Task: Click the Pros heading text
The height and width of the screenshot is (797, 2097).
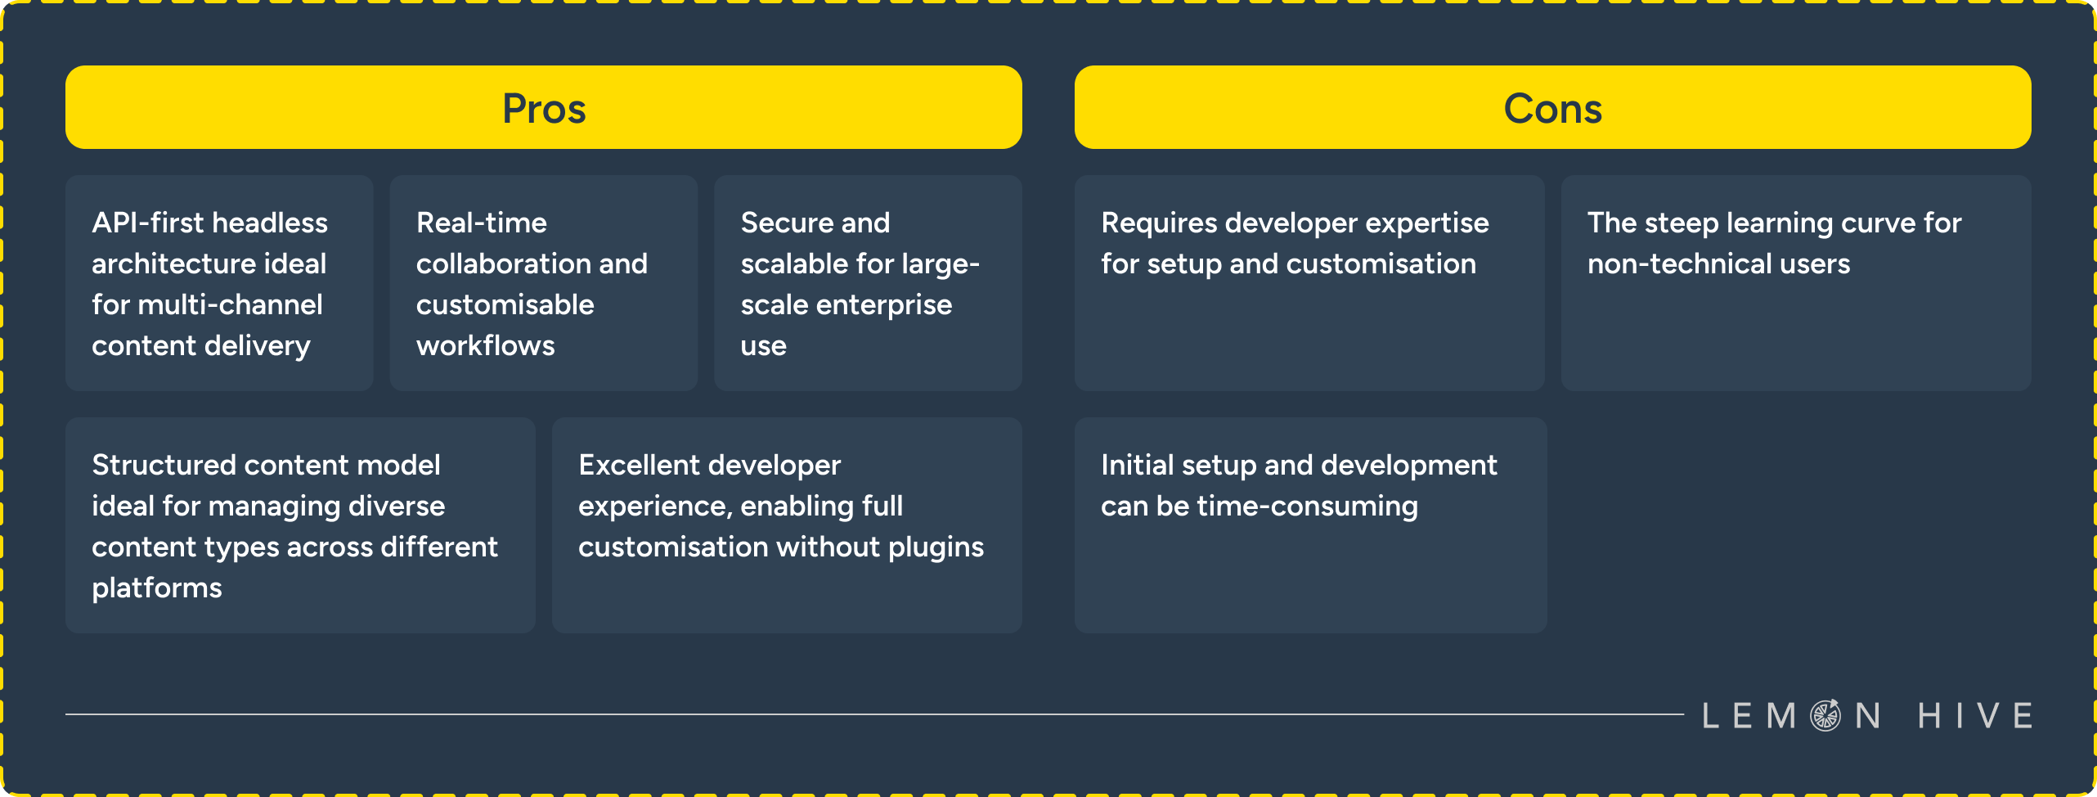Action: click(544, 109)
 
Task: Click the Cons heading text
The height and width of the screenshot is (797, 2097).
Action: click(1552, 109)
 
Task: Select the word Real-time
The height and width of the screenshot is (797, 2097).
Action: click(481, 223)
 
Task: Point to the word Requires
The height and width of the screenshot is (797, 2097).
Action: click(1158, 223)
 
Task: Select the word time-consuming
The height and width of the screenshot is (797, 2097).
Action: click(1307, 507)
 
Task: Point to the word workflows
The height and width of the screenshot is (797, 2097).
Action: click(485, 346)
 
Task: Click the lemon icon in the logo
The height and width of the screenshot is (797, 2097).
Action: click(1825, 715)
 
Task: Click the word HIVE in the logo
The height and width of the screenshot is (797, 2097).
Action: click(1974, 716)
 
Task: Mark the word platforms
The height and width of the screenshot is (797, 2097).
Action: click(156, 588)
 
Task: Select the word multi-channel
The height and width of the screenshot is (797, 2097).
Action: click(230, 305)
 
